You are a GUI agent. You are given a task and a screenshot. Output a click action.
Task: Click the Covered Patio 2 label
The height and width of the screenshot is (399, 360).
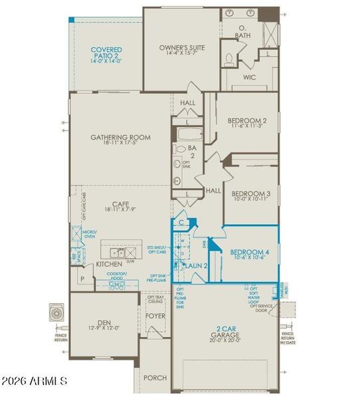(106, 53)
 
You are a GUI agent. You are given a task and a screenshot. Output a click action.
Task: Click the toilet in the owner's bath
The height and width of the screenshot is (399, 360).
(229, 59)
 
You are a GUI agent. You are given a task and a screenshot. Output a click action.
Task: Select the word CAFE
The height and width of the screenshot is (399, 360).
(120, 205)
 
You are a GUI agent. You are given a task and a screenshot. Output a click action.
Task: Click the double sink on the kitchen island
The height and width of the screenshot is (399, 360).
(118, 253)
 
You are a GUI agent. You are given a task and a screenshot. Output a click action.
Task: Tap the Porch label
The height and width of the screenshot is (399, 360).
(156, 378)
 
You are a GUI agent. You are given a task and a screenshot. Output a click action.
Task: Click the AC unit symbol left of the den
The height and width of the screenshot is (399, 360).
(55, 313)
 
